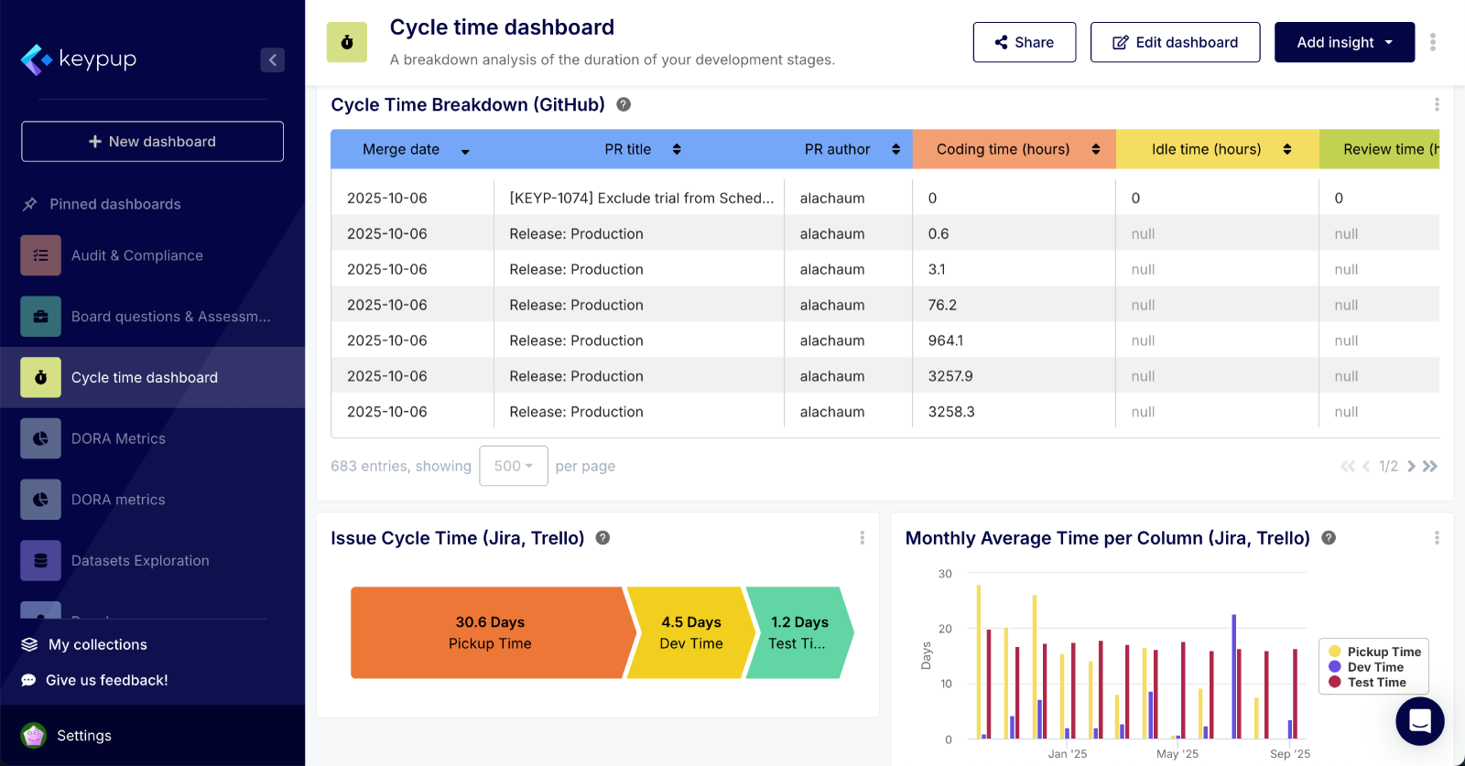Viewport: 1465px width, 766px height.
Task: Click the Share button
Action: point(1024,42)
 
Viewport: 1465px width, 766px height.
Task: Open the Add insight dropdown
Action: point(1343,42)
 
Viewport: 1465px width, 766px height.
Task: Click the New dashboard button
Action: point(152,141)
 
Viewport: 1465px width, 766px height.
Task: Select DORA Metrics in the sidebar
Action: point(118,438)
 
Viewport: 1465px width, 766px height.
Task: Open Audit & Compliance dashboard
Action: point(136,255)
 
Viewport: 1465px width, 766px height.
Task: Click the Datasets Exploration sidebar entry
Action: point(139,560)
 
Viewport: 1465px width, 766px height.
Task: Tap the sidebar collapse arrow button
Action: point(272,59)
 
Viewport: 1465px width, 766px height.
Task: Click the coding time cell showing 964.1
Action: point(945,340)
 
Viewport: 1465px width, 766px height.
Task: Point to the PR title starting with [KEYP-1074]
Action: point(641,198)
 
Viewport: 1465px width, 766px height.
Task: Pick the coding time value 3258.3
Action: point(951,412)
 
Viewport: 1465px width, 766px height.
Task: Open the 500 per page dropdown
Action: point(513,466)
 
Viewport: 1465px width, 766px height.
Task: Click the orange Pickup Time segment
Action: point(489,632)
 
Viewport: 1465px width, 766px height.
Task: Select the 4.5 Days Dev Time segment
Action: point(690,632)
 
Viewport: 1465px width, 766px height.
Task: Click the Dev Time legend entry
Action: point(1373,667)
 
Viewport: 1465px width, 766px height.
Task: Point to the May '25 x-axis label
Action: point(1177,754)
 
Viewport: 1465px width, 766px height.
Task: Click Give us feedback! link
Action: point(106,680)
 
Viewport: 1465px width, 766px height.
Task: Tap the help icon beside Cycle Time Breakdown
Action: point(624,104)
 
